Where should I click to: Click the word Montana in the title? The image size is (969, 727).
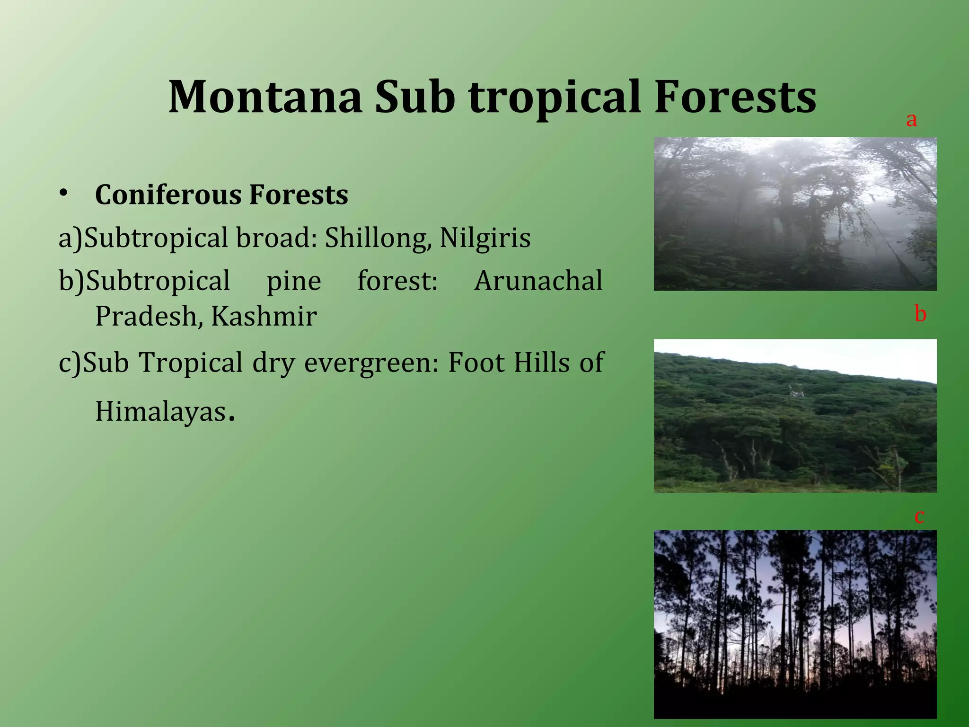265,98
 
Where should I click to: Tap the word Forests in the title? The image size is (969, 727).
735,98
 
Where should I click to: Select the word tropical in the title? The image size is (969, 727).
555,98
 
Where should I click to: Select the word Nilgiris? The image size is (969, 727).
484,238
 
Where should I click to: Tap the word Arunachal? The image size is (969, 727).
538,281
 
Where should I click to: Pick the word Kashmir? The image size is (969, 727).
264,316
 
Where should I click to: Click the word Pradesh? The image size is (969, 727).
146,316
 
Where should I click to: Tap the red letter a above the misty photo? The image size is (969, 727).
911,120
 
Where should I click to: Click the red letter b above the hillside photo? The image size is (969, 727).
920,314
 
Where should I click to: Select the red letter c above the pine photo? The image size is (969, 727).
919,516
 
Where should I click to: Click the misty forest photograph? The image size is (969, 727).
795,214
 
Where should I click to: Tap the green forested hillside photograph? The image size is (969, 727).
795,416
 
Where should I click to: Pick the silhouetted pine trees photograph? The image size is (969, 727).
795,624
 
